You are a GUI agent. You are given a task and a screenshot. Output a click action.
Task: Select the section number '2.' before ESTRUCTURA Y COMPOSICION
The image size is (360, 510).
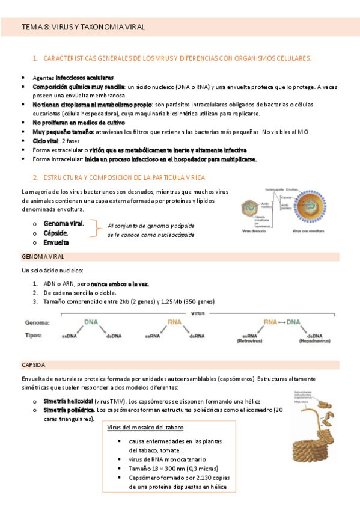pos(35,177)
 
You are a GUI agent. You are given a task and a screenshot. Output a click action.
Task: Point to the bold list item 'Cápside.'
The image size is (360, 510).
pos(56,233)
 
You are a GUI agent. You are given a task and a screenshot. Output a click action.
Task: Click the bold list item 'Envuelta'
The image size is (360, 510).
pos(56,242)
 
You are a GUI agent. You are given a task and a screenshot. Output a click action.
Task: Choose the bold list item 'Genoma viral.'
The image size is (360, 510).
pos(64,223)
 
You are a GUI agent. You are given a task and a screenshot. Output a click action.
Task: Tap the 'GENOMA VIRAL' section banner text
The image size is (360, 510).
pos(43,257)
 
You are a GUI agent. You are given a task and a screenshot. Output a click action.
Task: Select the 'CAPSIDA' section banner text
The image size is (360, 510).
pos(34,365)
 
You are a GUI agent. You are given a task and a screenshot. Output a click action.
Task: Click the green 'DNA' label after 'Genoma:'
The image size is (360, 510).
pos(91,322)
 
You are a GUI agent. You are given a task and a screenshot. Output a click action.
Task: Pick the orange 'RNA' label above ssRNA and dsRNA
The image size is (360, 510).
pos(174,322)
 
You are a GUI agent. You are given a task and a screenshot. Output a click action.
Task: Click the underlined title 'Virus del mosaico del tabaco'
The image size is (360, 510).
pos(145,428)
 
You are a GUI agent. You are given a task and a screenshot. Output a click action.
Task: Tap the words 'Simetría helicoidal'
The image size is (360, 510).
pos(68,401)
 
